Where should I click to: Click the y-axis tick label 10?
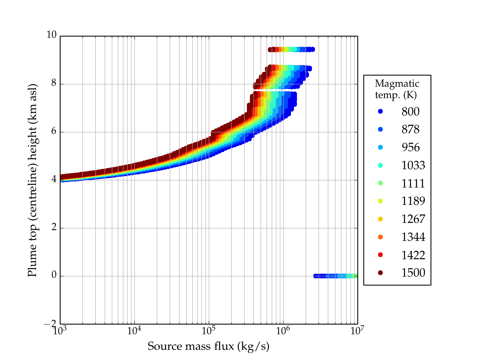click(x=51, y=35)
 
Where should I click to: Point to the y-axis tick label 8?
click(x=54, y=83)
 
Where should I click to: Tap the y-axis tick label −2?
click(x=50, y=324)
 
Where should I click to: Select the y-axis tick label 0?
click(x=54, y=275)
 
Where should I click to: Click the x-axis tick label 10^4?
click(x=134, y=331)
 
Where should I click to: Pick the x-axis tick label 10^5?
click(x=208, y=331)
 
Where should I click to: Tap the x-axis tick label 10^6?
click(x=283, y=331)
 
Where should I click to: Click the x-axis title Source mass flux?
click(x=208, y=346)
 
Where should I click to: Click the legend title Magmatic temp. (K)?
click(x=397, y=89)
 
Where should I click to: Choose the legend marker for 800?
click(x=380, y=111)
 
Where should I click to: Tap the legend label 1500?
click(x=413, y=273)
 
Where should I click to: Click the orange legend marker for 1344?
click(x=380, y=237)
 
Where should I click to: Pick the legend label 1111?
click(x=413, y=183)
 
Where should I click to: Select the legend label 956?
click(x=410, y=147)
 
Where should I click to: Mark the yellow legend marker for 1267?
click(x=380, y=219)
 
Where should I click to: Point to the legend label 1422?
click(x=413, y=255)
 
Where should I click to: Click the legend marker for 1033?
click(x=380, y=165)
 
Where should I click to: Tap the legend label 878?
click(x=410, y=129)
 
